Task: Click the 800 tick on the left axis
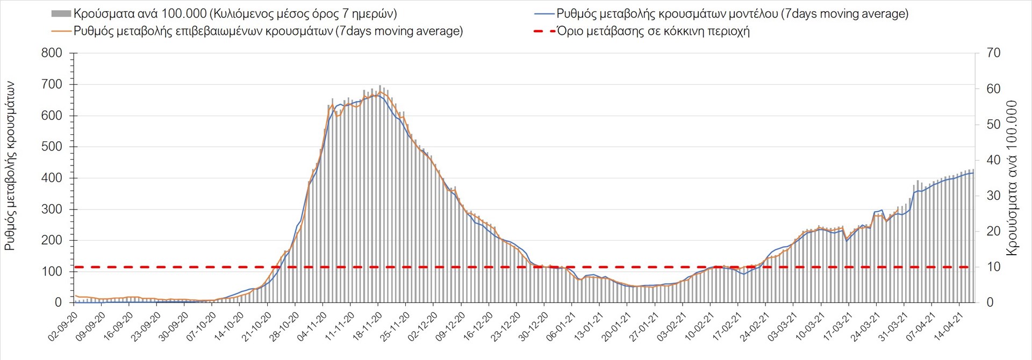click(52, 53)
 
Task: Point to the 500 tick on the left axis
click(52, 147)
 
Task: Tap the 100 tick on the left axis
click(52, 271)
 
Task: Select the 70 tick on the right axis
click(993, 53)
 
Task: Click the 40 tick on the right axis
click(993, 160)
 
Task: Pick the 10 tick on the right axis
click(993, 267)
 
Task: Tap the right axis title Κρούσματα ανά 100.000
click(1012, 178)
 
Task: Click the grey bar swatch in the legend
click(61, 13)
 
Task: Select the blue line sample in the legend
click(544, 13)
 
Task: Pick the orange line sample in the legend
click(61, 31)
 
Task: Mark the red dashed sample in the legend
click(544, 31)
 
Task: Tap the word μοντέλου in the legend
click(754, 14)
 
